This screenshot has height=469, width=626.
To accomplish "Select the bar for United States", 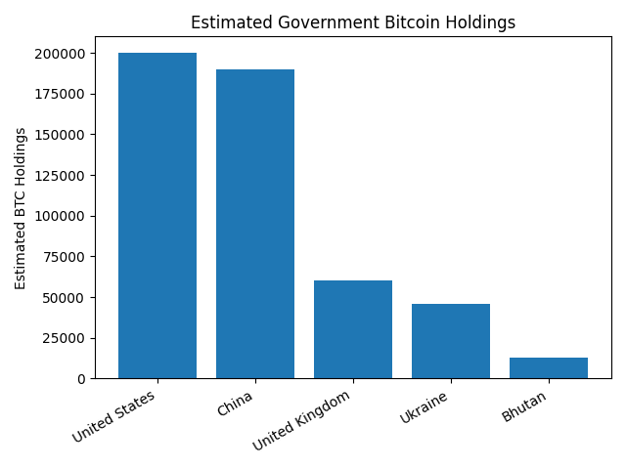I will click(x=157, y=215).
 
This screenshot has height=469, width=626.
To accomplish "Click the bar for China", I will click(x=255, y=224).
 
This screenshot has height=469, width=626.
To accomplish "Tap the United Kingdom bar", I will click(x=353, y=329).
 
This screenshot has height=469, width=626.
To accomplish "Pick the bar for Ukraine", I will click(x=451, y=341).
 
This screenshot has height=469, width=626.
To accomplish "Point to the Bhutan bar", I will click(x=549, y=368).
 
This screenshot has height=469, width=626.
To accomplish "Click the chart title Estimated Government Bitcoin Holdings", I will click(x=353, y=22).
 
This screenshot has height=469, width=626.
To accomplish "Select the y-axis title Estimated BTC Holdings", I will click(x=21, y=208).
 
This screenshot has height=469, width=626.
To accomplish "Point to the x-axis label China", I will click(x=235, y=403).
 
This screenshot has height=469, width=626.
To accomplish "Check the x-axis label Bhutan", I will click(x=524, y=406).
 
